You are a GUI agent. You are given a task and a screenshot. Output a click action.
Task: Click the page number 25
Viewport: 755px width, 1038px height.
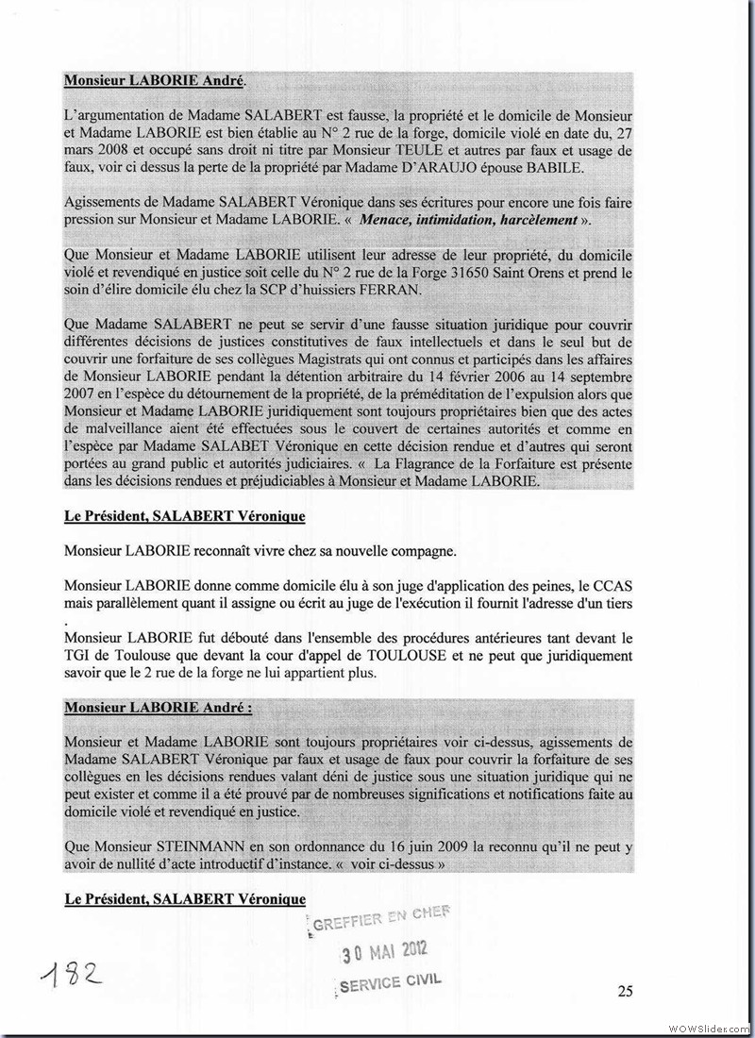click(x=624, y=990)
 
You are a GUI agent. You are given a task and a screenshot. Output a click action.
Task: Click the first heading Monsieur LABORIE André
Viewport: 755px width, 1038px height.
click(x=146, y=81)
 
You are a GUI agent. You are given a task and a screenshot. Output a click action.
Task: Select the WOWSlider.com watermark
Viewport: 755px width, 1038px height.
click(x=709, y=1027)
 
